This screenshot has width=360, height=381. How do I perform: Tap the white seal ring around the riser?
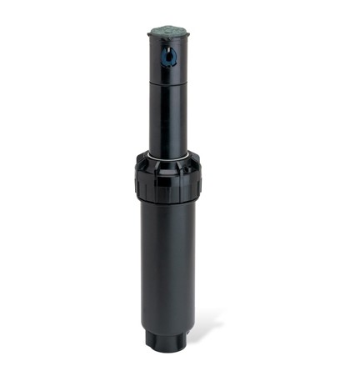pos(171,154)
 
